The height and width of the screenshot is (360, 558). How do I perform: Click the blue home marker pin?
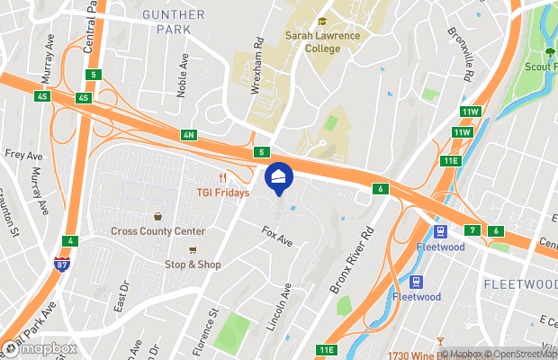[x=279, y=179]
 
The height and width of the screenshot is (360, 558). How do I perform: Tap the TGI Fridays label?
[x=223, y=193]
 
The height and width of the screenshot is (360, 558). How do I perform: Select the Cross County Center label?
[x=158, y=231]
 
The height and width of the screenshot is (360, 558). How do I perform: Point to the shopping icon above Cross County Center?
[x=158, y=216]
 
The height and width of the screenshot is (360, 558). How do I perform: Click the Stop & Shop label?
[x=193, y=265]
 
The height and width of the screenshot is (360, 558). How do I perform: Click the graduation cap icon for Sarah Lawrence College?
[x=321, y=22]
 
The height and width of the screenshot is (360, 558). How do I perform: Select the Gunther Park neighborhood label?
[x=174, y=22]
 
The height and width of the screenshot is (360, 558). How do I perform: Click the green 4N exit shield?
[x=188, y=136]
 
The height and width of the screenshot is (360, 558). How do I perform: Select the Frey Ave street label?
[x=17, y=154]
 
